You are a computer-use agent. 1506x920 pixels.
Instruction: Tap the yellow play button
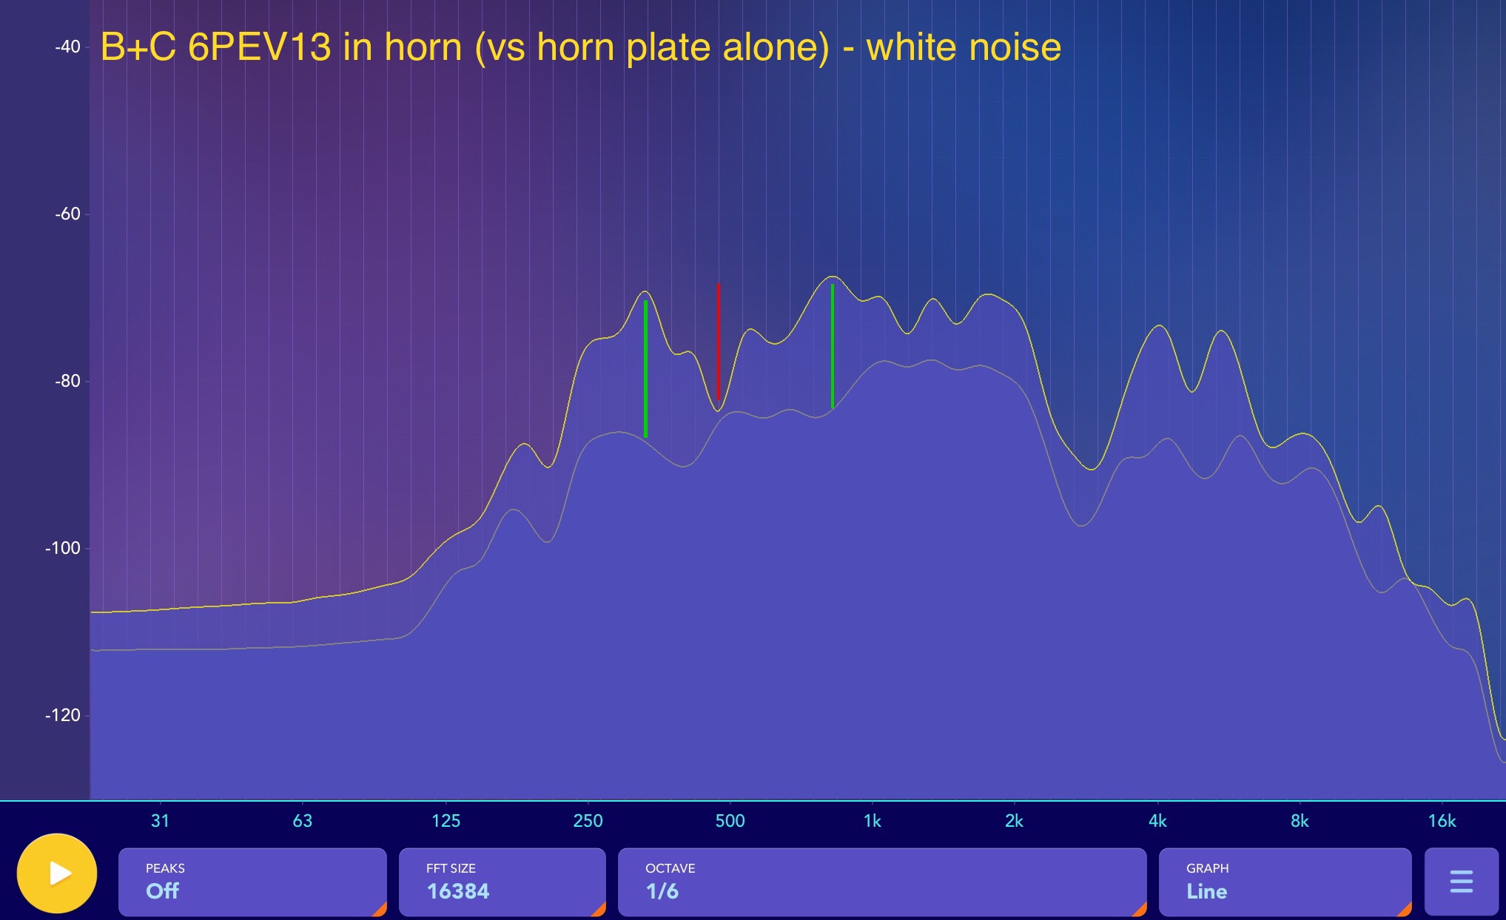[57, 873]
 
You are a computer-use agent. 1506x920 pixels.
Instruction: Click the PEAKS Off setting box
[252, 882]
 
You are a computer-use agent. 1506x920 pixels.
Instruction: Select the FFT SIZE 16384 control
[502, 882]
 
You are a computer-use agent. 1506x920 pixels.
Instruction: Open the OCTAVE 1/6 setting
[882, 882]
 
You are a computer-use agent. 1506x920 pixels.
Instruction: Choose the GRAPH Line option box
[1285, 882]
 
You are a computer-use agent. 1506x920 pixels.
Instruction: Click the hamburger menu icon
[1461, 882]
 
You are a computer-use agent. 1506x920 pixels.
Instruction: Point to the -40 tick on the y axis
[67, 47]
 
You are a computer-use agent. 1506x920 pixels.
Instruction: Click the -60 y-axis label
[67, 214]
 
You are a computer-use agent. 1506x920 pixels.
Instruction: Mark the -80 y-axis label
[67, 381]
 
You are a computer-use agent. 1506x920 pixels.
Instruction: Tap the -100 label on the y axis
[63, 548]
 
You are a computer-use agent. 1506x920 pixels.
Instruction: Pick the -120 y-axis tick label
[63, 715]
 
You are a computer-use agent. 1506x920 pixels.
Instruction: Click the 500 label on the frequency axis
[730, 821]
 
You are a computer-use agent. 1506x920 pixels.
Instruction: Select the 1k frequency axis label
[873, 821]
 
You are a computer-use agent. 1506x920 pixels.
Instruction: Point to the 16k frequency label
[1442, 821]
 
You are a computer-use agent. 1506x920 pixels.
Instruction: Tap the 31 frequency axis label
[160, 821]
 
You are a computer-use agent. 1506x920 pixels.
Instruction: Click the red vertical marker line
[718, 342]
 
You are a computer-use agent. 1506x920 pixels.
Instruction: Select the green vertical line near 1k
[833, 345]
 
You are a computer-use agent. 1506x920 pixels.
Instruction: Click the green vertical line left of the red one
[645, 368]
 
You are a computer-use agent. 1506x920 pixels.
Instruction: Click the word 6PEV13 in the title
[259, 47]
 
